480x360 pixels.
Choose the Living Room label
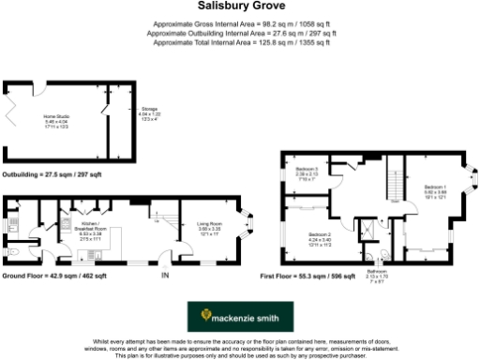[209, 227]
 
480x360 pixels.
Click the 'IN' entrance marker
[165, 277]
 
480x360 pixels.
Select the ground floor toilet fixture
[9, 252]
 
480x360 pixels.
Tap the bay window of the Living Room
[248, 225]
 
